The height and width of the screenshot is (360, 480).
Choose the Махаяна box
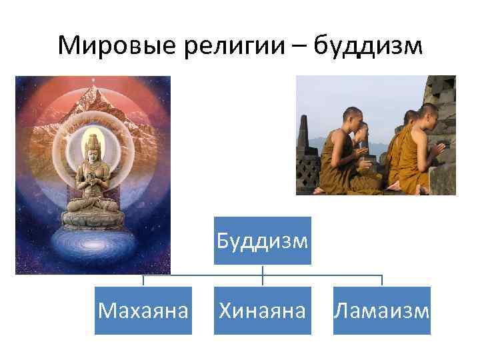click(x=143, y=310)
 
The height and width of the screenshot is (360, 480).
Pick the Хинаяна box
click(x=263, y=310)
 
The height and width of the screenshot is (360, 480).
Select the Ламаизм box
click(x=382, y=310)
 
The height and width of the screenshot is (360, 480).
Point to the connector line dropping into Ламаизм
click(x=382, y=280)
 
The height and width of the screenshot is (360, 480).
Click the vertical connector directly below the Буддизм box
click(x=263, y=271)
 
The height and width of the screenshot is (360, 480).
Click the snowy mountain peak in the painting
click(x=93, y=100)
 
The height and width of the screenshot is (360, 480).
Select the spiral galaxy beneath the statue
click(x=92, y=250)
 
